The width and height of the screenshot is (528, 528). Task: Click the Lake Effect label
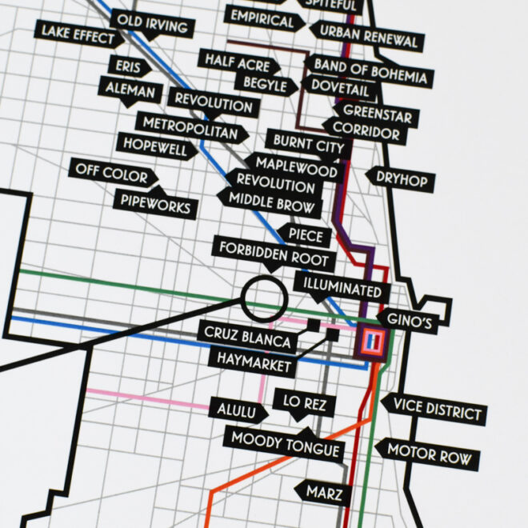78,34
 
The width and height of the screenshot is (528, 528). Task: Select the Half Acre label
238,60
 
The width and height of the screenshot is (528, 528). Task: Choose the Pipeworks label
155,204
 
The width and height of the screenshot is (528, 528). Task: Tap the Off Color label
109,171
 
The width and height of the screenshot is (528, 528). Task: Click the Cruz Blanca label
248,338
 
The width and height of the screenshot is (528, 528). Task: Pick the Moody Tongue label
286,443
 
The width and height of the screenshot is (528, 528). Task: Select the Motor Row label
429,453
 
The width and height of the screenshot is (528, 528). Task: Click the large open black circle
263,298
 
